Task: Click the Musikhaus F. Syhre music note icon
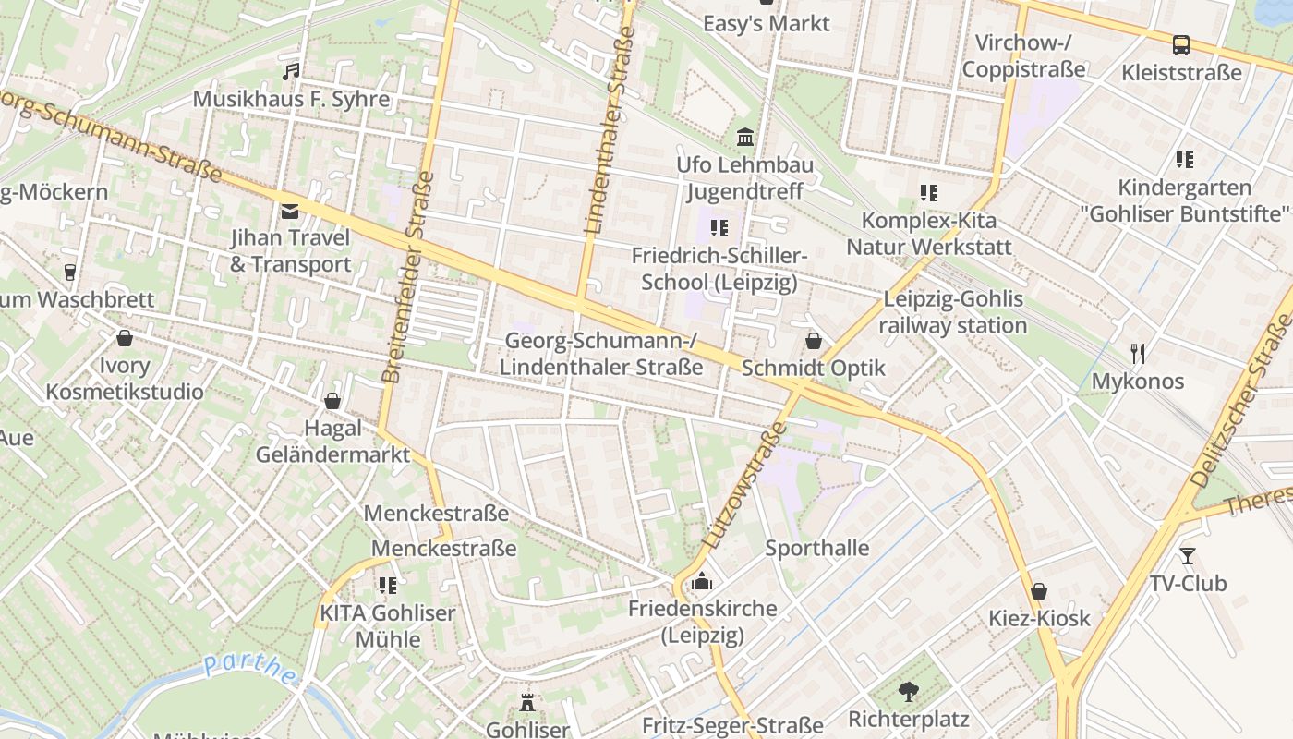pyautogui.click(x=291, y=72)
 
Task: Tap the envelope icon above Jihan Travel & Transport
pyautogui.click(x=290, y=212)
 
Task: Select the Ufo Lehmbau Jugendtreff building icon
pyautogui.click(x=745, y=139)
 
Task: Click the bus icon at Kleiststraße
pyautogui.click(x=1180, y=44)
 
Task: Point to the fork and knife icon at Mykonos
pyautogui.click(x=1138, y=353)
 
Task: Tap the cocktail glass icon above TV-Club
pyautogui.click(x=1187, y=556)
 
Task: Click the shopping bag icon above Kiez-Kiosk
pyautogui.click(x=1039, y=591)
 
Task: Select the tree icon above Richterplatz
pyautogui.click(x=909, y=691)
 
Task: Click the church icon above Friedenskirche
pyautogui.click(x=702, y=581)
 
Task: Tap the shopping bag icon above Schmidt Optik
pyautogui.click(x=813, y=341)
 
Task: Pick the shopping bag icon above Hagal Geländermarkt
pyautogui.click(x=332, y=401)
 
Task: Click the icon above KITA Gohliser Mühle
pyautogui.click(x=387, y=586)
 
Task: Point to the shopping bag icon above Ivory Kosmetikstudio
pyautogui.click(x=125, y=338)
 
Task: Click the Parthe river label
pyautogui.click(x=249, y=670)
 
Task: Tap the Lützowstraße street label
pyautogui.click(x=744, y=487)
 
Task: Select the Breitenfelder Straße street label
pyautogui.click(x=407, y=277)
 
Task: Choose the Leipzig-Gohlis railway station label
pyautogui.click(x=952, y=312)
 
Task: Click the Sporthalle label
pyautogui.click(x=817, y=548)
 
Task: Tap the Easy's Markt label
pyautogui.click(x=767, y=23)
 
